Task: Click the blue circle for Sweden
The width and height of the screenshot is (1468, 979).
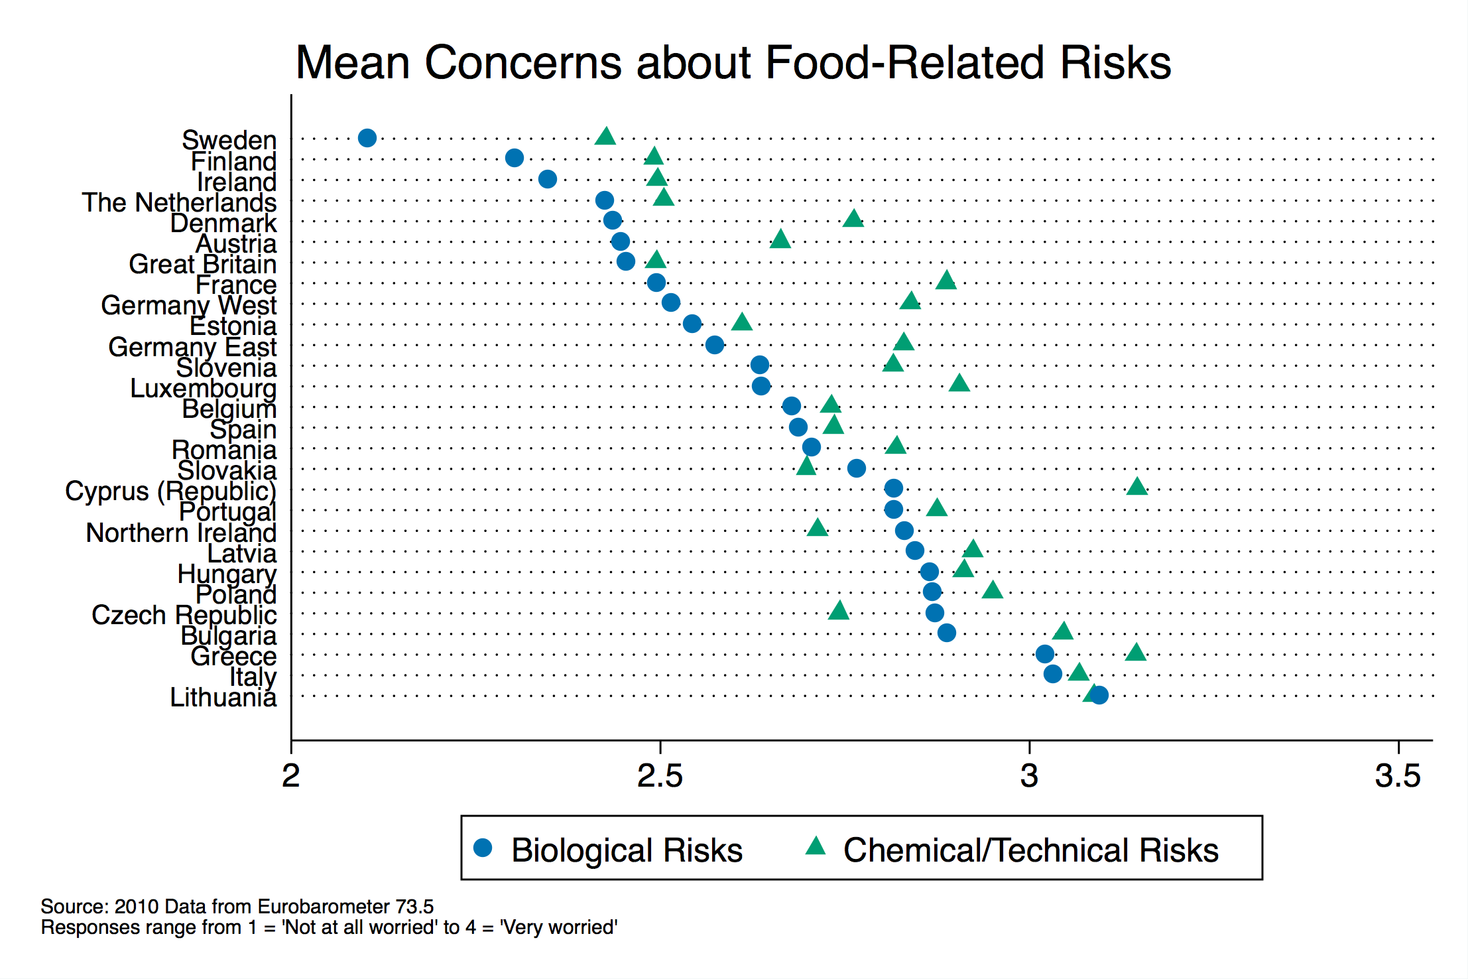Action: pyautogui.click(x=367, y=138)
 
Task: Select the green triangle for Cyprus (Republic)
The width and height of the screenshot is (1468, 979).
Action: pyautogui.click(x=1136, y=488)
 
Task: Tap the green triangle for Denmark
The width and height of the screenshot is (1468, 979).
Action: pyautogui.click(x=853, y=219)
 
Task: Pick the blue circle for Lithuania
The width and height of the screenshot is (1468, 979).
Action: pyautogui.click(x=1099, y=695)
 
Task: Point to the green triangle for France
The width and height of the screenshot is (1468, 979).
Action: pyautogui.click(x=946, y=281)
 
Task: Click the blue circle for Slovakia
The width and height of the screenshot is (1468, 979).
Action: pyautogui.click(x=857, y=468)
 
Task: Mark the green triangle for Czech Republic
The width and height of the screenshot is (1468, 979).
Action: pyautogui.click(x=839, y=611)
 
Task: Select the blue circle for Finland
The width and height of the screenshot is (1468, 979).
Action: pyautogui.click(x=515, y=158)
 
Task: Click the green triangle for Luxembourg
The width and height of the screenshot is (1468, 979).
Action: pyautogui.click(x=959, y=383)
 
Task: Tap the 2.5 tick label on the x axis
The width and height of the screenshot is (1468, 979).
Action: pyautogui.click(x=660, y=775)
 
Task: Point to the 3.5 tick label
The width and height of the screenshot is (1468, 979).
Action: pyautogui.click(x=1398, y=775)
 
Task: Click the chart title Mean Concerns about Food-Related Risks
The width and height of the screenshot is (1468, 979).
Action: pyautogui.click(x=733, y=63)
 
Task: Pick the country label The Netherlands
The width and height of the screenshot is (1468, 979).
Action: pyautogui.click(x=179, y=202)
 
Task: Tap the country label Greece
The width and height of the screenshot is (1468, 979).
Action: pyautogui.click(x=233, y=656)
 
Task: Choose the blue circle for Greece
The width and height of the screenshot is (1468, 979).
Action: pyautogui.click(x=1045, y=654)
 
